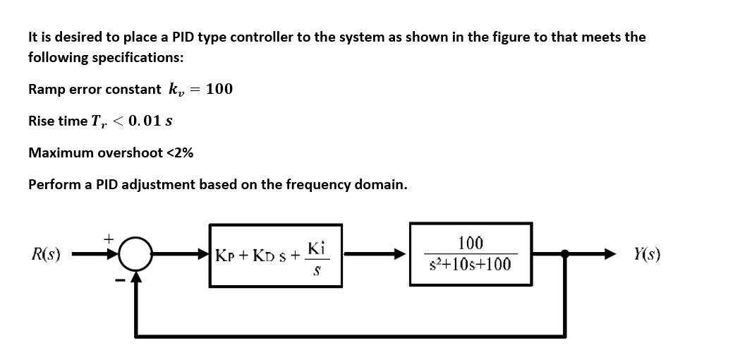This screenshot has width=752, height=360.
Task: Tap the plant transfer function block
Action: tap(471, 255)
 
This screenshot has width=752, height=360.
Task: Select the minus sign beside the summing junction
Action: tap(120, 280)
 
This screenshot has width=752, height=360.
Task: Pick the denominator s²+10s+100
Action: tap(471, 265)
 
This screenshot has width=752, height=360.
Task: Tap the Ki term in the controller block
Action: tap(316, 248)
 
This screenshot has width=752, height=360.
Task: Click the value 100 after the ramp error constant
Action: tap(219, 89)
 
